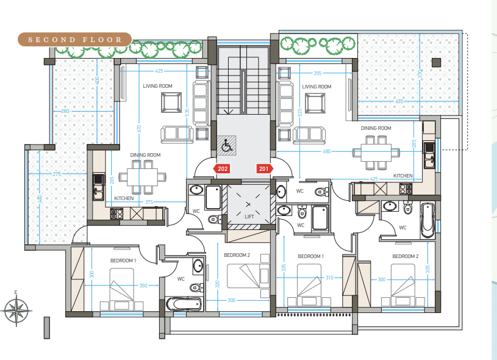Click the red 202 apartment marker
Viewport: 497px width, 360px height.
pyautogui.click(x=222, y=169)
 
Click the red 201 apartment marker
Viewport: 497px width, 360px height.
pyautogui.click(x=264, y=169)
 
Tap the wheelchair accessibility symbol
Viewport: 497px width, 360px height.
pyautogui.click(x=226, y=145)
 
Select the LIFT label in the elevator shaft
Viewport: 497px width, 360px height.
pyautogui.click(x=249, y=217)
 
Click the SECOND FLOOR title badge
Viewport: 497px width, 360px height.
pyautogui.click(x=74, y=40)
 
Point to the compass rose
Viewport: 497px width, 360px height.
pyautogui.click(x=16, y=311)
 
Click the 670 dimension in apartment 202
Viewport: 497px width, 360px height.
pyautogui.click(x=139, y=129)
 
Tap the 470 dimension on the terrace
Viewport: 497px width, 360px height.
pyautogui.click(x=399, y=101)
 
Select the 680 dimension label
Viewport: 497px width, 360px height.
pyautogui.click(x=327, y=151)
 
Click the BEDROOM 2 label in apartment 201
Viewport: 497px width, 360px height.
pyautogui.click(x=406, y=256)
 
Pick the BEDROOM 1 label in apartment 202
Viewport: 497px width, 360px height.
pyautogui.click(x=123, y=261)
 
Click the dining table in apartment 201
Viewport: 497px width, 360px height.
pyautogui.click(x=376, y=153)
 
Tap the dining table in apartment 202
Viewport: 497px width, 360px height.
pyautogui.click(x=142, y=177)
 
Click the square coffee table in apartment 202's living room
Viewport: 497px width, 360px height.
pyautogui.click(x=171, y=103)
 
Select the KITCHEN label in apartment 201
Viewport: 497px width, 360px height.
pyautogui.click(x=403, y=176)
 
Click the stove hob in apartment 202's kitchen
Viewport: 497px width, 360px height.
pyautogui.click(x=116, y=214)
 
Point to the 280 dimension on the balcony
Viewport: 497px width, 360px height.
pyautogui.click(x=65, y=111)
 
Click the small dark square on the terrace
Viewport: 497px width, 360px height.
pyautogui.click(x=437, y=62)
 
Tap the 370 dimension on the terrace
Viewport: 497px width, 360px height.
pyautogui.click(x=420, y=74)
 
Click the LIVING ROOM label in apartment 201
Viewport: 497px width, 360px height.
pyautogui.click(x=316, y=87)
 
